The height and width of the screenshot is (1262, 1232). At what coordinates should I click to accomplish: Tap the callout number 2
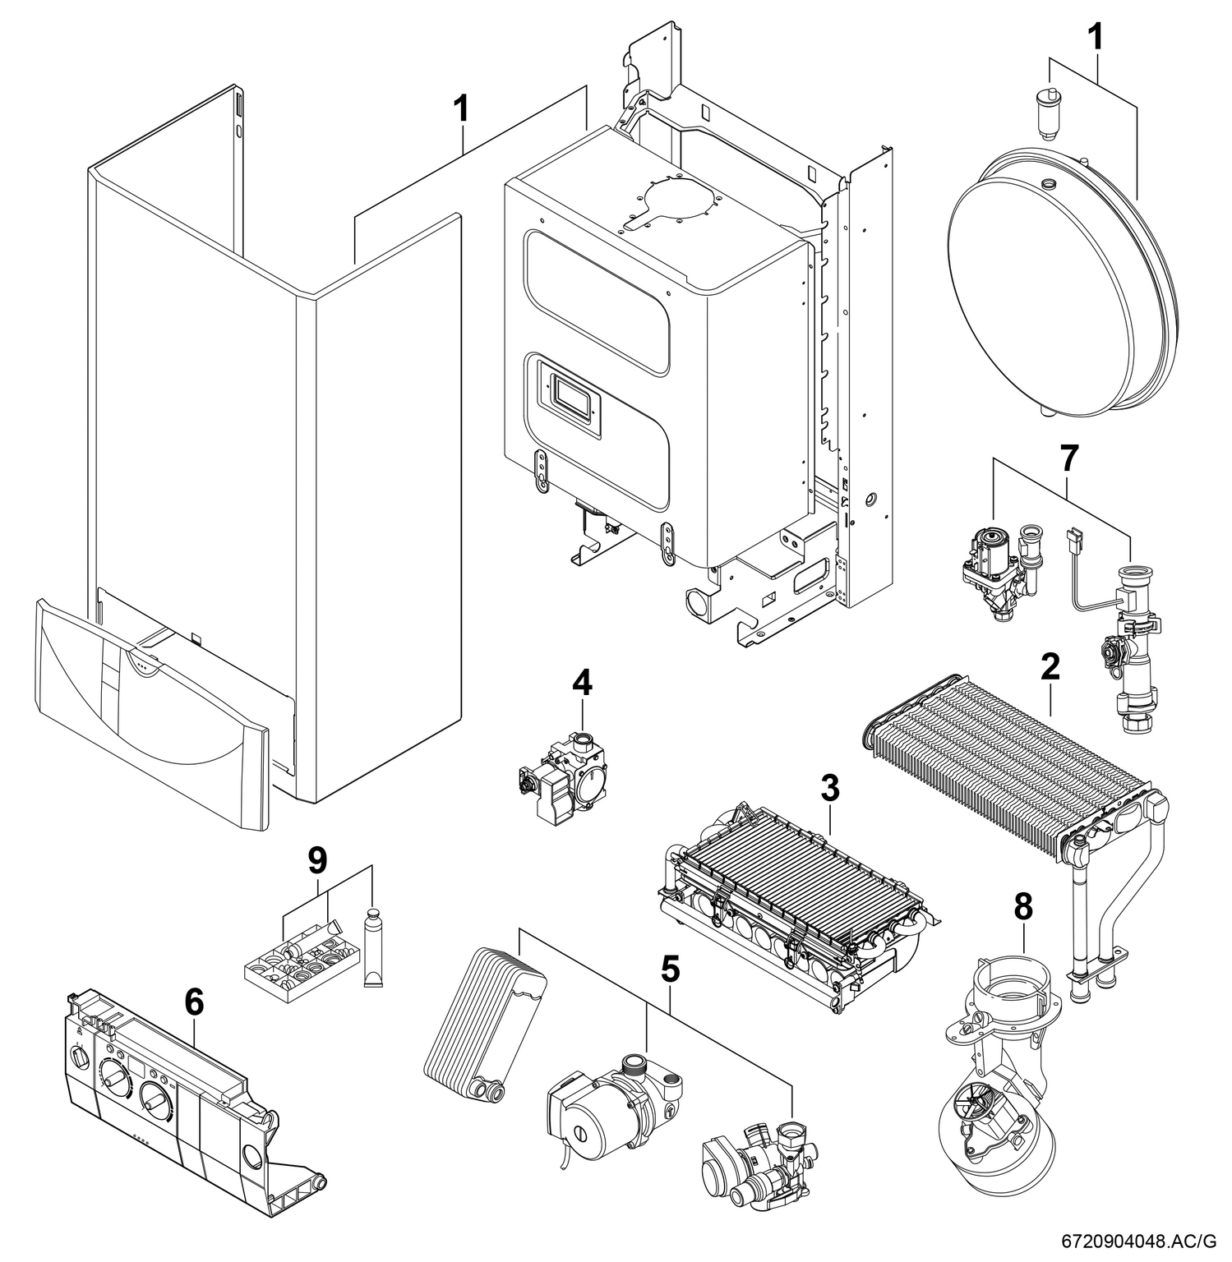tap(1050, 667)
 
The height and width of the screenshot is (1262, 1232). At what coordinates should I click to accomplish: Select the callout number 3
tap(830, 789)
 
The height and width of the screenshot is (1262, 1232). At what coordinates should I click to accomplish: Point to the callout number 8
tap(1023, 907)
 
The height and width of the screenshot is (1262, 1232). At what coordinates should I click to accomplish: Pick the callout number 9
tap(316, 860)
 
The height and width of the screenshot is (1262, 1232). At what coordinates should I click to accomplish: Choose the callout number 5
tap(671, 970)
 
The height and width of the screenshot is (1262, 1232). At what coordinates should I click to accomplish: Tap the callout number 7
tap(1068, 459)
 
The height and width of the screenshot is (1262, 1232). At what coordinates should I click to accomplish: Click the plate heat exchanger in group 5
tap(481, 1027)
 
